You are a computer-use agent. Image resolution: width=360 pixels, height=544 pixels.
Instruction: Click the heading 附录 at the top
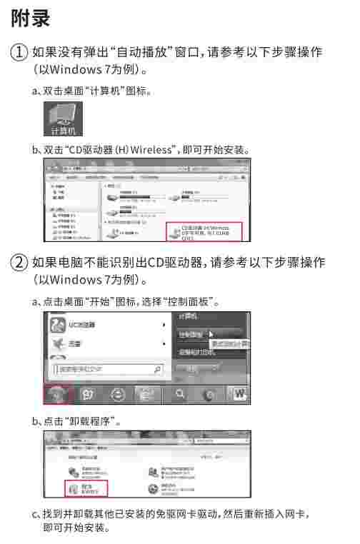[31, 19]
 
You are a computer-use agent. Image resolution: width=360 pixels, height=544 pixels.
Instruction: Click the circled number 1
[19, 53]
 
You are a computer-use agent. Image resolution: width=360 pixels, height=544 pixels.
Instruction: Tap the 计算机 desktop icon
[64, 118]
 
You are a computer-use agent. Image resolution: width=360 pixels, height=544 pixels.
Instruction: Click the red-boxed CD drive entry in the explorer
[206, 231]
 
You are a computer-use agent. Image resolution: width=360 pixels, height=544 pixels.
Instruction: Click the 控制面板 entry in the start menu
[191, 333]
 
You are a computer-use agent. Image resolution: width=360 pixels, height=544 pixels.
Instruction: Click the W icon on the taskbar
[239, 393]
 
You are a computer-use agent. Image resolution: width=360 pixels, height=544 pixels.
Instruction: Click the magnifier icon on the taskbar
[179, 393]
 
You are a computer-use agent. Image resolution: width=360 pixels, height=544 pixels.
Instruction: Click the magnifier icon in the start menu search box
[158, 369]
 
